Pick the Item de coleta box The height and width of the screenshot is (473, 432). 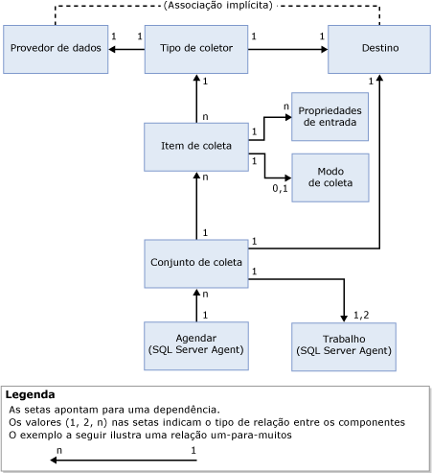coord(196,145)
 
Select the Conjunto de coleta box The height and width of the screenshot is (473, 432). coord(196,262)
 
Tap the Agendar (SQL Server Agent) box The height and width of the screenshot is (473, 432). coord(196,345)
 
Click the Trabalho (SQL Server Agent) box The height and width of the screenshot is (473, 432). coord(343,345)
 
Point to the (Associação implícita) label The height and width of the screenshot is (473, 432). coord(218,6)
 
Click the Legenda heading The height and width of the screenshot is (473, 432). coord(31,394)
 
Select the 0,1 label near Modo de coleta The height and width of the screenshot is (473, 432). coord(280,189)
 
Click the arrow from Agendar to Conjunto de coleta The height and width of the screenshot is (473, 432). coord(196,305)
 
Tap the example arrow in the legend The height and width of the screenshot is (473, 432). coord(125,461)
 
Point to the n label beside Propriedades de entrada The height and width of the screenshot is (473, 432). coord(284,106)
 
